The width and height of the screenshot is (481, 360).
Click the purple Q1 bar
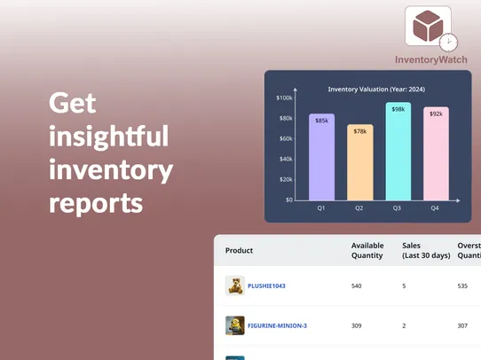tap(321, 157)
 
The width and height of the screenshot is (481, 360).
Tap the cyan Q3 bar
tap(398, 152)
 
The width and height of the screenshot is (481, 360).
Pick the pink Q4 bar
tap(436, 154)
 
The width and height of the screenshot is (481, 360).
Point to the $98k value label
tap(398, 109)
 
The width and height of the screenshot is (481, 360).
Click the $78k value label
tap(359, 131)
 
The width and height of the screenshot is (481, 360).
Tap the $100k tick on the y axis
tap(285, 98)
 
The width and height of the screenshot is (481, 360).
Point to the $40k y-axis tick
tap(286, 159)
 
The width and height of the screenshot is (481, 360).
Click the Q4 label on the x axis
tap(435, 207)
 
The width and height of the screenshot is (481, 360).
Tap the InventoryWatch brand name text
tap(430, 59)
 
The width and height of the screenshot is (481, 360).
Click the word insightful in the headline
tap(108, 137)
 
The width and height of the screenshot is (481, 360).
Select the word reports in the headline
tap(96, 203)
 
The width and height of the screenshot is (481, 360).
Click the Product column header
tap(240, 251)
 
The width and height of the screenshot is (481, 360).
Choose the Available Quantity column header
tap(367, 250)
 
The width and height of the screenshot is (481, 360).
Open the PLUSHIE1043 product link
tap(266, 286)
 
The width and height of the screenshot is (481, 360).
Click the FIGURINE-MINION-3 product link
tap(277, 325)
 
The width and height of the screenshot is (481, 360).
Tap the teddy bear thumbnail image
tap(235, 286)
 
